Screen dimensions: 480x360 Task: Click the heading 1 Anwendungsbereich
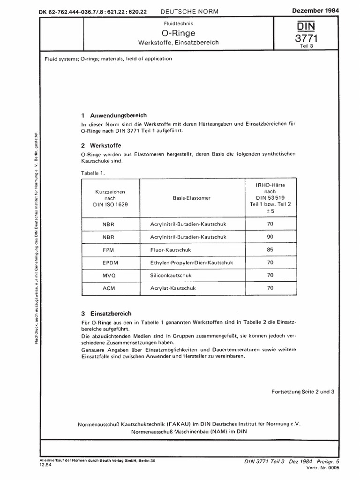tap(114, 115)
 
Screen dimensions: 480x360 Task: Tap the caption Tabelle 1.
tap(94, 173)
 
